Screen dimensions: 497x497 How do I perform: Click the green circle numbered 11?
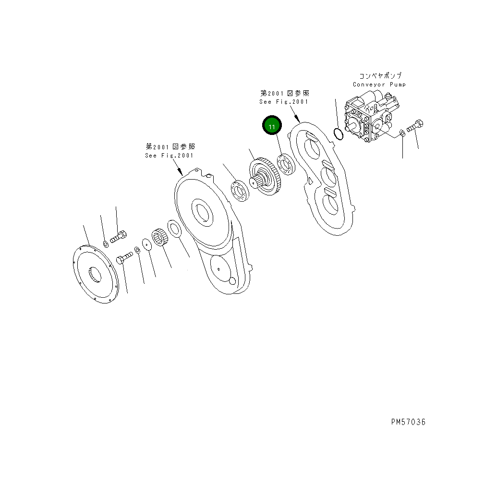pos(272,127)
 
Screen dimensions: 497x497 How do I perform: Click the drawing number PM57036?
pos(408,422)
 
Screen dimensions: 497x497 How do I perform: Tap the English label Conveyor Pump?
pos(379,85)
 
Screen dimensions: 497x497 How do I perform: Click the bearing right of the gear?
pos(288,164)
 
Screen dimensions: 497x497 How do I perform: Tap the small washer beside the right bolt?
pos(402,133)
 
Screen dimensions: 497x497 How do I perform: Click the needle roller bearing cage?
pos(160,238)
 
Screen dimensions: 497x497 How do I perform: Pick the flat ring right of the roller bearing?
pos(174,229)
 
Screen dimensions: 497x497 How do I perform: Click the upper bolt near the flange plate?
pos(118,237)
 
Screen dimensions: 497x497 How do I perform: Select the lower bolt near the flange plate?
pos(124,258)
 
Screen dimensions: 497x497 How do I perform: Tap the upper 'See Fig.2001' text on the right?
pos(284,102)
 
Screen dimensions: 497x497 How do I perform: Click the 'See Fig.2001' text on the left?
pos(169,156)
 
